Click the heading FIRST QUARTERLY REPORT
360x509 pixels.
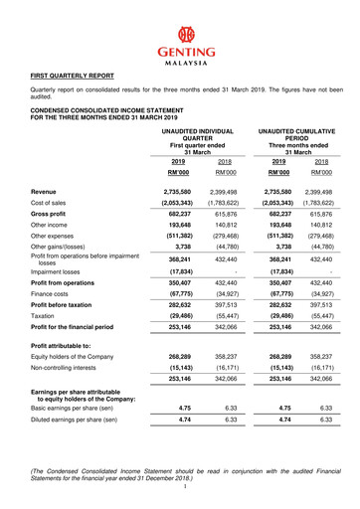tap(73, 76)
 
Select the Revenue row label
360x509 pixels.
tap(44, 189)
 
